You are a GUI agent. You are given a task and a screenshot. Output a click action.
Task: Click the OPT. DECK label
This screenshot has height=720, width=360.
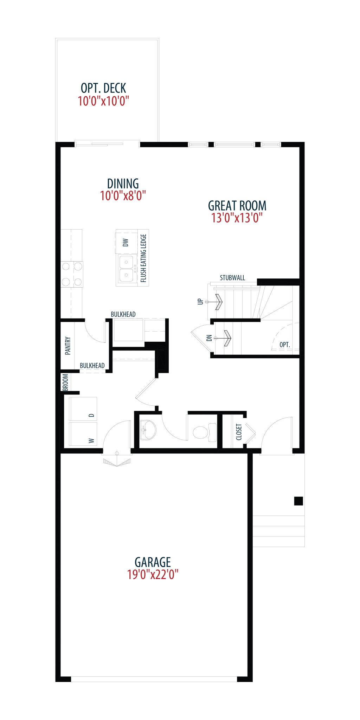103,88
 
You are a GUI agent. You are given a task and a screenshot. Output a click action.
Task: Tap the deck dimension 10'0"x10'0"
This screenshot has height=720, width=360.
103,101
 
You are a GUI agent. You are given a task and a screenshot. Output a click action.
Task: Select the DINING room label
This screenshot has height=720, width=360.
123,183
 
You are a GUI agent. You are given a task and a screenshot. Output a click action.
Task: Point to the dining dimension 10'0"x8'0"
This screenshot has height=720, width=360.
123,196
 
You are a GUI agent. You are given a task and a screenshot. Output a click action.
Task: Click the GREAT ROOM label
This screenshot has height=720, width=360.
237,205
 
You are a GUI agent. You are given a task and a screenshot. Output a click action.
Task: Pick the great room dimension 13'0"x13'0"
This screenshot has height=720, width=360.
237,218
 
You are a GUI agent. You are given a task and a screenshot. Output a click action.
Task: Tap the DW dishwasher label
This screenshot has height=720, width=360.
126,242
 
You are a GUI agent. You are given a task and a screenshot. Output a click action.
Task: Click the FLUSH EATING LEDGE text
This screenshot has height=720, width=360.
143,258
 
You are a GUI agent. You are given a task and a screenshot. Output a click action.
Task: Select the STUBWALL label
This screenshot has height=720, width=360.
232,278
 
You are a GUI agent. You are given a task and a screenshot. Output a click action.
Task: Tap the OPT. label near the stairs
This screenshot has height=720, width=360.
285,345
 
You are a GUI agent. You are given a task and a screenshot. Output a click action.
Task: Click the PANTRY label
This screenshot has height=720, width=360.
68,346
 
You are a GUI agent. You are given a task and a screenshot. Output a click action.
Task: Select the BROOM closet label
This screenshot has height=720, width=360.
65,382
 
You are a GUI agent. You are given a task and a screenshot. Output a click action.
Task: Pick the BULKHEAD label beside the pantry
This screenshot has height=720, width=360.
92,366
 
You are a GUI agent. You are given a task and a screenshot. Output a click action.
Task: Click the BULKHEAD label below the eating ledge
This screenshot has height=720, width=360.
123,314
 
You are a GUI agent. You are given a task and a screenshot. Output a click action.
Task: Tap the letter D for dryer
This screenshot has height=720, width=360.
92,415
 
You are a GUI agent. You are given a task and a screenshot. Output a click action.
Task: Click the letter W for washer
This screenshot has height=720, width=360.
92,441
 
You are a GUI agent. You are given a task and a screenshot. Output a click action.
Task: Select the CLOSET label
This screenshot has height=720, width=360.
239,432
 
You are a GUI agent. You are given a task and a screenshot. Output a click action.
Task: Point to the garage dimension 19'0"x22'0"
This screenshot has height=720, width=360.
153,574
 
